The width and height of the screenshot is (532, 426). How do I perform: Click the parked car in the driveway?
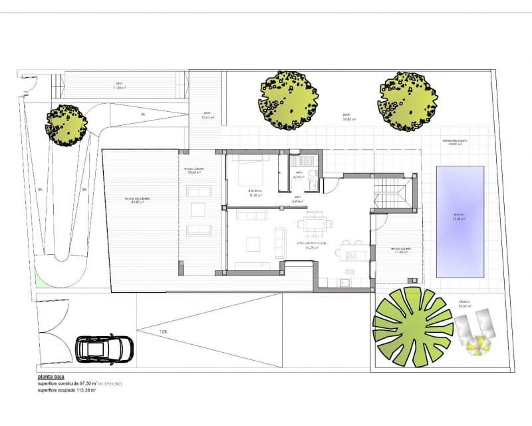coord(105,348)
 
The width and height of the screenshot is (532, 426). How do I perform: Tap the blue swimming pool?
coord(460,222)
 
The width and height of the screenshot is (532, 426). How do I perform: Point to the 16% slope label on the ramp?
coord(163,331)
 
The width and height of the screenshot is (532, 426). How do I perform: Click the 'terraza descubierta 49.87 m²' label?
coord(137,200)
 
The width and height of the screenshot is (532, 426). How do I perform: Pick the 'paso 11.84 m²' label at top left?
coord(119,87)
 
